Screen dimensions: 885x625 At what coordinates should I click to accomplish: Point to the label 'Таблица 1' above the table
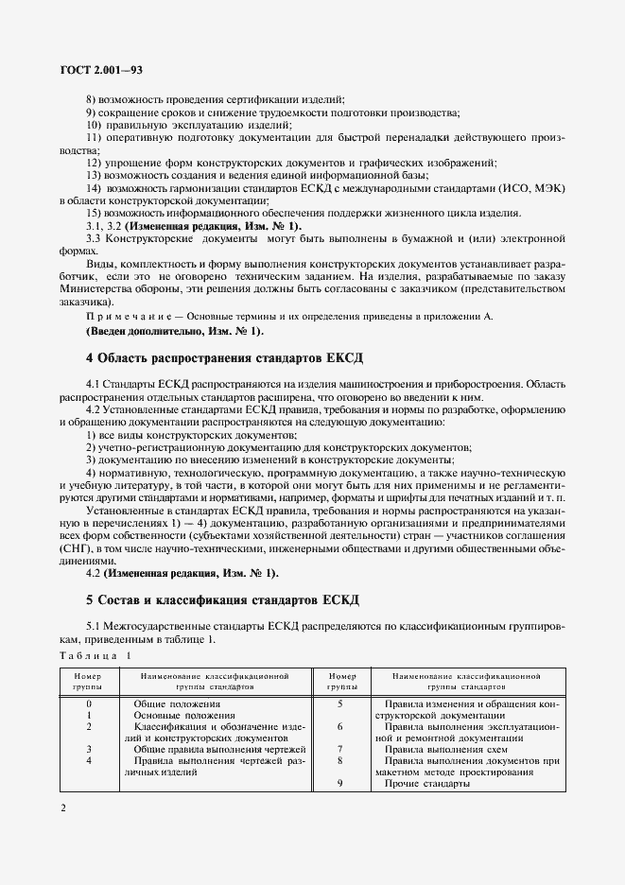[x=96, y=655]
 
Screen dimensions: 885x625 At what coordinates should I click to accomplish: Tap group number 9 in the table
[x=339, y=784]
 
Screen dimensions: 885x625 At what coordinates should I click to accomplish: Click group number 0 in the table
[x=89, y=703]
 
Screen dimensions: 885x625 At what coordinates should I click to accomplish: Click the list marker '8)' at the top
[x=92, y=100]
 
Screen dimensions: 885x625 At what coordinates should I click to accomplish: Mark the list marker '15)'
[x=94, y=214]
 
